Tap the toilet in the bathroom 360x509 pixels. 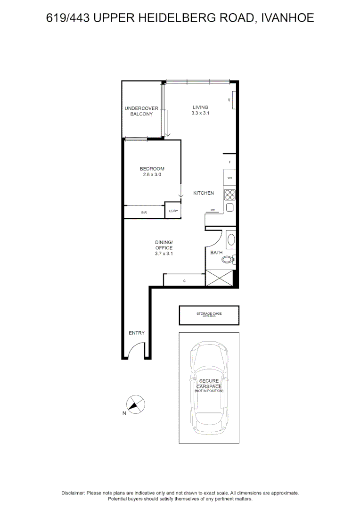point(228,259)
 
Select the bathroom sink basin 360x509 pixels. point(231,240)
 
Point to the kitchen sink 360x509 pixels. point(230,208)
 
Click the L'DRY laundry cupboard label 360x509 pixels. point(173,211)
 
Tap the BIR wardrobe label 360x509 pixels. point(144,213)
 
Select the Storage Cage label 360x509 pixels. point(209,314)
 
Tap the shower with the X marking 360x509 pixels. point(220,278)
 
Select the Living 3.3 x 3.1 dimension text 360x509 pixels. point(200,110)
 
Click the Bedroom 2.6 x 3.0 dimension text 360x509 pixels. point(152,172)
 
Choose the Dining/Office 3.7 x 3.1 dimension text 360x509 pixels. point(164,248)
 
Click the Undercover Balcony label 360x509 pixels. point(141,111)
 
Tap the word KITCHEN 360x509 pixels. point(204,193)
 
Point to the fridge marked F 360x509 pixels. point(229,162)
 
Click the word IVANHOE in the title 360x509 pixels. point(286,18)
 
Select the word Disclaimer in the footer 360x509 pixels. point(73,493)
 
